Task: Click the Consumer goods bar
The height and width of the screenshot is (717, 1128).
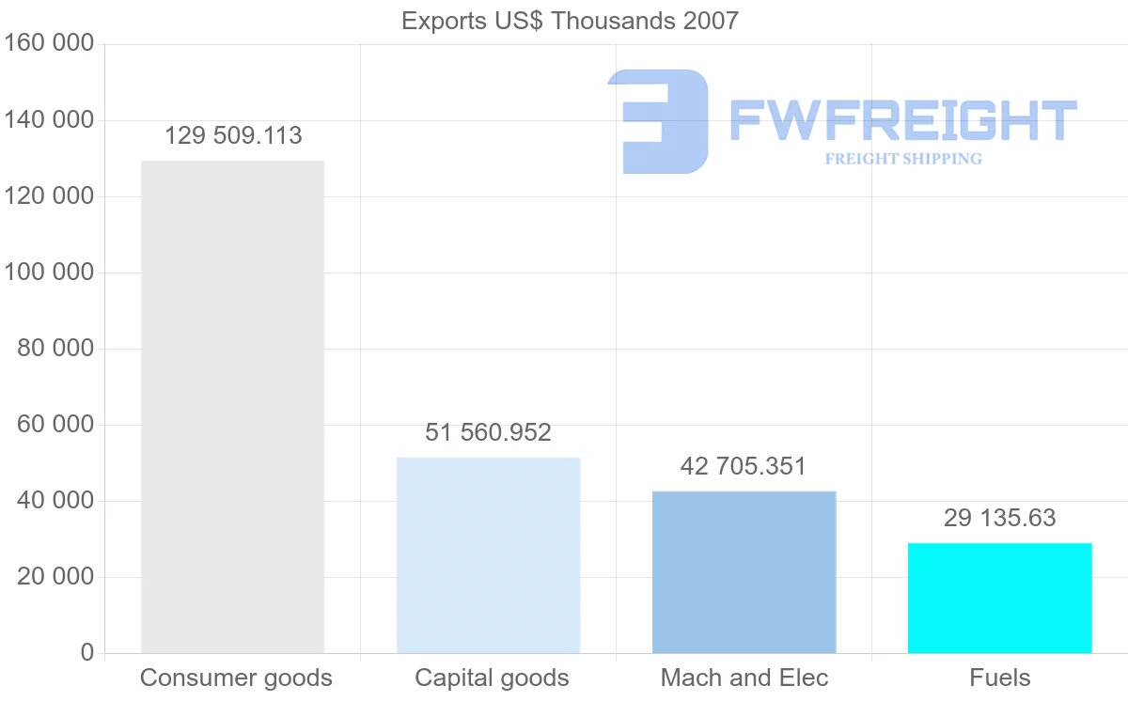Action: tap(232, 406)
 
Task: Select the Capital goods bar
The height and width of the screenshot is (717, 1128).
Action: tap(488, 554)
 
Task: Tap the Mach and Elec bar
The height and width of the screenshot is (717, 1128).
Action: tap(744, 571)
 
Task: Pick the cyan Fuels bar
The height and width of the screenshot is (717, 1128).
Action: tap(999, 598)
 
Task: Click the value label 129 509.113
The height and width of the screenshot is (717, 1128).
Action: tap(233, 136)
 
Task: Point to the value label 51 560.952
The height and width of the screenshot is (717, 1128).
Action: tap(488, 433)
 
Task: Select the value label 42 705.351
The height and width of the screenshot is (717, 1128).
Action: tap(744, 466)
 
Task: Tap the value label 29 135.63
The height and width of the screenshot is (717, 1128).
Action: tap(999, 518)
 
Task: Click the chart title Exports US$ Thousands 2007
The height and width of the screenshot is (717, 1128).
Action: tap(570, 21)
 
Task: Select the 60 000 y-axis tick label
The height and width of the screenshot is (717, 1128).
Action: tap(55, 425)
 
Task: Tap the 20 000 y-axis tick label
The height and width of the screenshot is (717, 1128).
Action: tap(55, 577)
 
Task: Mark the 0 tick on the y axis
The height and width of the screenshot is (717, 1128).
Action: tap(86, 653)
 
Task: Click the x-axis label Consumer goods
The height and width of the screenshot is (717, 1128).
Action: tap(236, 678)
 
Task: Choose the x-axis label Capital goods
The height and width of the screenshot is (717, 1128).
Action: tap(492, 678)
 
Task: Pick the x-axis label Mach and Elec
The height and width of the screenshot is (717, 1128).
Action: tap(744, 678)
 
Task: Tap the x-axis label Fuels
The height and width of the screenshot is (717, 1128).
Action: tap(999, 678)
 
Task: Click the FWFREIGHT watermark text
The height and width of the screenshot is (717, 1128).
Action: tap(902, 120)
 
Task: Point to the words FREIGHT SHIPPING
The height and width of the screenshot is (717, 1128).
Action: tap(902, 159)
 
